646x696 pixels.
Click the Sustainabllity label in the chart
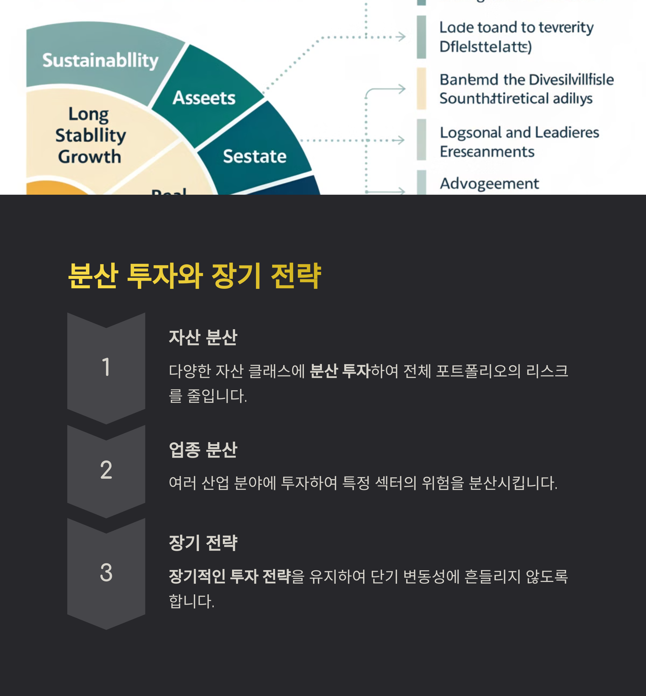(x=100, y=61)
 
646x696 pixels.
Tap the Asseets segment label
(x=204, y=98)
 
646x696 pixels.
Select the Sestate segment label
(x=254, y=157)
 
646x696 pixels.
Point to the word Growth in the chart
(x=89, y=157)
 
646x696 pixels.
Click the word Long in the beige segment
(x=89, y=114)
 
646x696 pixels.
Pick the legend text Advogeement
(x=489, y=184)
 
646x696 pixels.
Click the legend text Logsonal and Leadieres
(x=519, y=133)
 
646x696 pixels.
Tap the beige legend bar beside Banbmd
(x=421, y=89)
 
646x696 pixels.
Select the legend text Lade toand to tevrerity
(x=516, y=28)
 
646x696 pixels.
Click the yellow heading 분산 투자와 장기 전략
(x=194, y=276)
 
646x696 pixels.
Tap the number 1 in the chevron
(x=106, y=367)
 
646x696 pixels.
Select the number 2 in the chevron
(x=106, y=470)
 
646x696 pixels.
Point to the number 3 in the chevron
(x=106, y=573)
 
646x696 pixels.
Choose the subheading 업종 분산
(x=203, y=450)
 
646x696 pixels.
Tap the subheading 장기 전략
(x=203, y=543)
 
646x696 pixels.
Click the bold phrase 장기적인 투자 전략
(x=230, y=577)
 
